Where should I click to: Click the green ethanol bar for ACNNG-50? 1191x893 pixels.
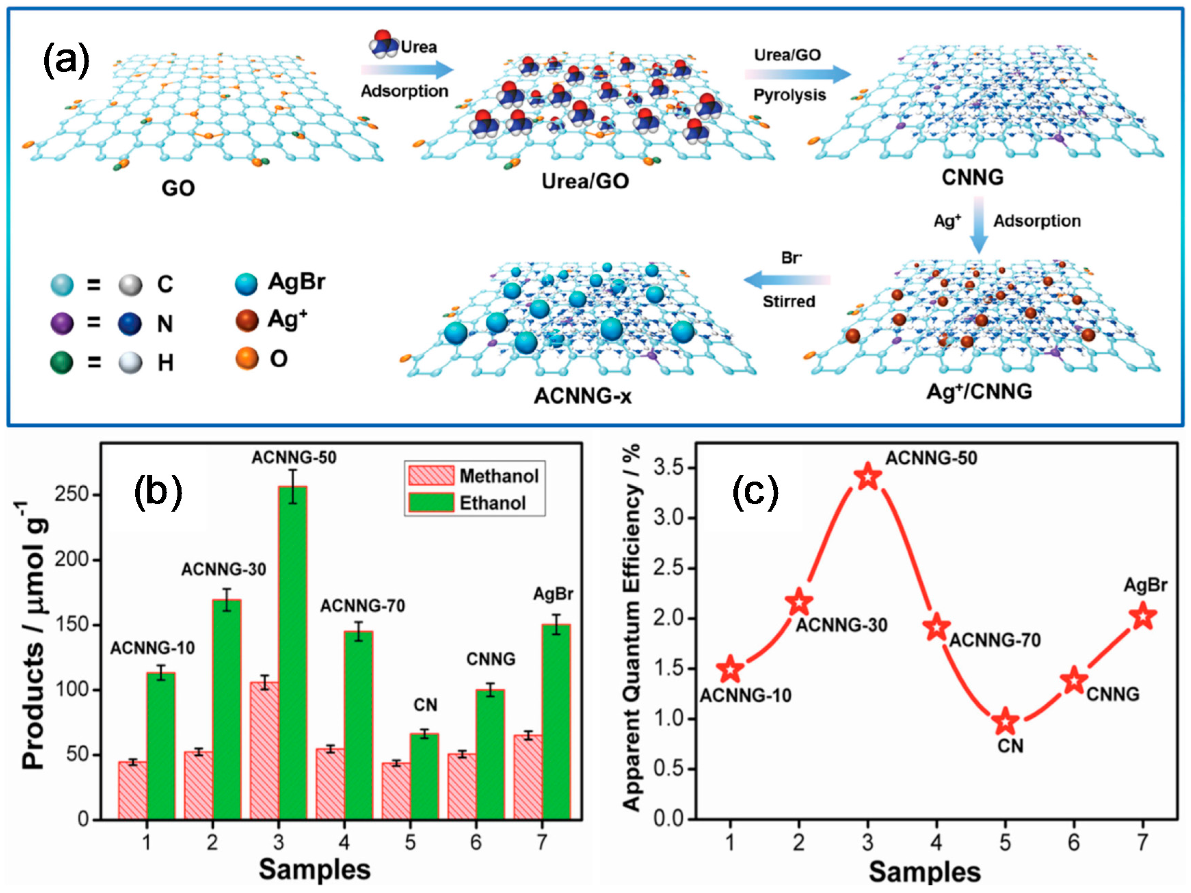[292, 651]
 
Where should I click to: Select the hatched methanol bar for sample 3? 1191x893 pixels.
[264, 751]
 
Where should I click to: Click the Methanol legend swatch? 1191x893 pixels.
[431, 476]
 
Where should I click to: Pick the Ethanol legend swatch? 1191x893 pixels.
[431, 503]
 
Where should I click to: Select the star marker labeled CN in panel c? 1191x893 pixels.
[1005, 722]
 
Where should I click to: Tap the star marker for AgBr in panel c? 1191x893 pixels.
[1142, 616]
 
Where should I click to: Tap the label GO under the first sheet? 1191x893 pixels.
[178, 188]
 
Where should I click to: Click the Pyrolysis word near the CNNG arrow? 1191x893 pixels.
[789, 95]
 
